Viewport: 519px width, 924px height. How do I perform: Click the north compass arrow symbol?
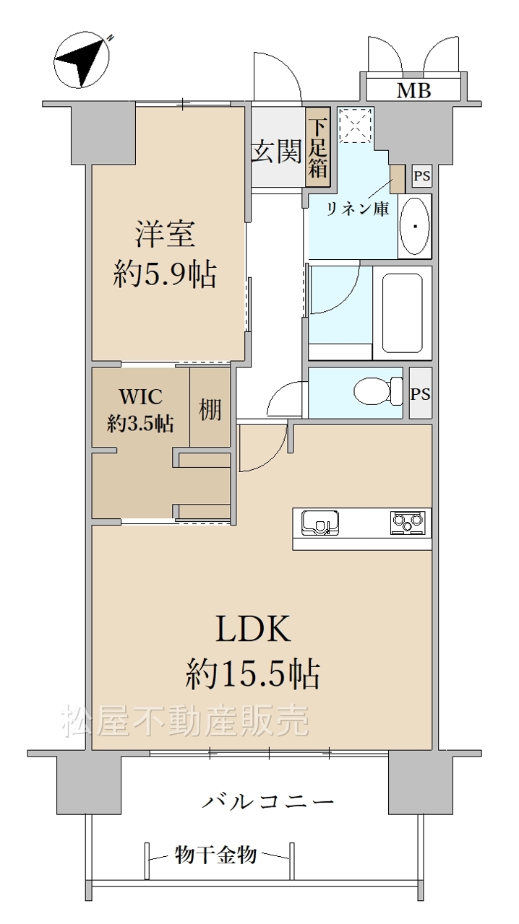82,61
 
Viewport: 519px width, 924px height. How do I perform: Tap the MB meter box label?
413,90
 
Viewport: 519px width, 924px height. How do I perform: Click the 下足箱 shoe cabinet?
318,147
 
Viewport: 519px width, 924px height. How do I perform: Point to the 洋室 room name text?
165,233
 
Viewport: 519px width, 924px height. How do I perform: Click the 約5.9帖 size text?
165,275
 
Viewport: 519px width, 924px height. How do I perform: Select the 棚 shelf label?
210,409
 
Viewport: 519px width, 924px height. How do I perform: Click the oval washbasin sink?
415,227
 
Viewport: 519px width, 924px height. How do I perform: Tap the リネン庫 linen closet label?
358,209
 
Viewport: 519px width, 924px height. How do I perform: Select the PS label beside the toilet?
420,394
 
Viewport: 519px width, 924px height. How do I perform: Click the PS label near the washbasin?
422,177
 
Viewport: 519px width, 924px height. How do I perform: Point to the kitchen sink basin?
320,523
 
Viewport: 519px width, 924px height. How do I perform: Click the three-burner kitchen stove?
408,523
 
